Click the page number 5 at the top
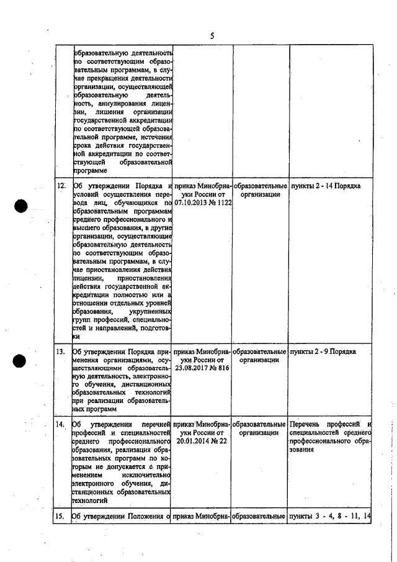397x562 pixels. (x=212, y=36)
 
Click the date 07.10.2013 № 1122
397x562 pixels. (x=203, y=202)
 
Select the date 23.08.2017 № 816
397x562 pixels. (x=203, y=368)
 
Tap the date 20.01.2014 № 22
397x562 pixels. (x=203, y=441)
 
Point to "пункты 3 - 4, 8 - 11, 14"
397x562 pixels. (x=330, y=516)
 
